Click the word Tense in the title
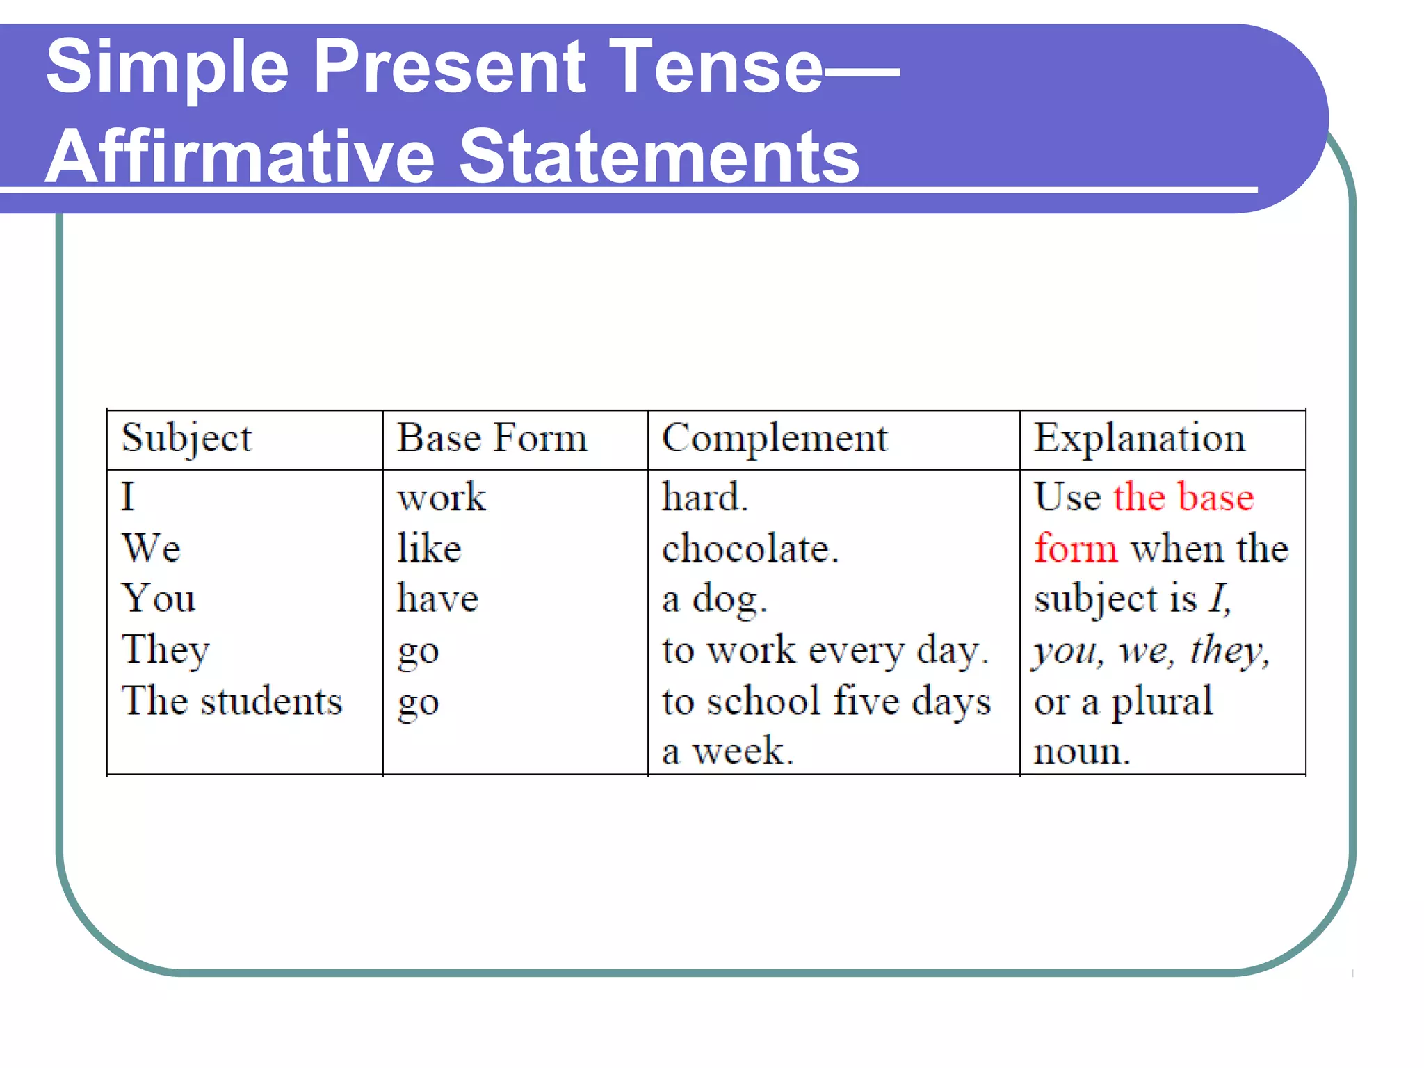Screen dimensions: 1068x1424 tap(716, 67)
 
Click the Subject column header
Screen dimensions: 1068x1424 tap(186, 439)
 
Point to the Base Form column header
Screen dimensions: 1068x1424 tap(492, 439)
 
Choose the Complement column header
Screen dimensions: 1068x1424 tap(775, 439)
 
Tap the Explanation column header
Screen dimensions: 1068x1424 tap(1139, 439)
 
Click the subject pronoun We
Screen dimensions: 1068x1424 tap(152, 548)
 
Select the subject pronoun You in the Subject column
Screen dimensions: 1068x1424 tap(159, 599)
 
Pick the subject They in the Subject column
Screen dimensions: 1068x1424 tap(165, 650)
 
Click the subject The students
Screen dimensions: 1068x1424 tap(232, 701)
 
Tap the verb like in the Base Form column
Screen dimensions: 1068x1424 tap(429, 548)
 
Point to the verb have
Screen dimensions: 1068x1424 tap(437, 599)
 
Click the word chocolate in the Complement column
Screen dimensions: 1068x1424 tap(750, 549)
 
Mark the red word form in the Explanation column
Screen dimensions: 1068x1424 tap(1076, 548)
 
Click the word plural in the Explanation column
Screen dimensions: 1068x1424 tap(1162, 701)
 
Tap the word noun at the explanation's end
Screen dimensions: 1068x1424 tap(1081, 752)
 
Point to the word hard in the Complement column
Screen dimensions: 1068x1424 tap(704, 497)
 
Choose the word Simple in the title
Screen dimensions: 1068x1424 tap(167, 68)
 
